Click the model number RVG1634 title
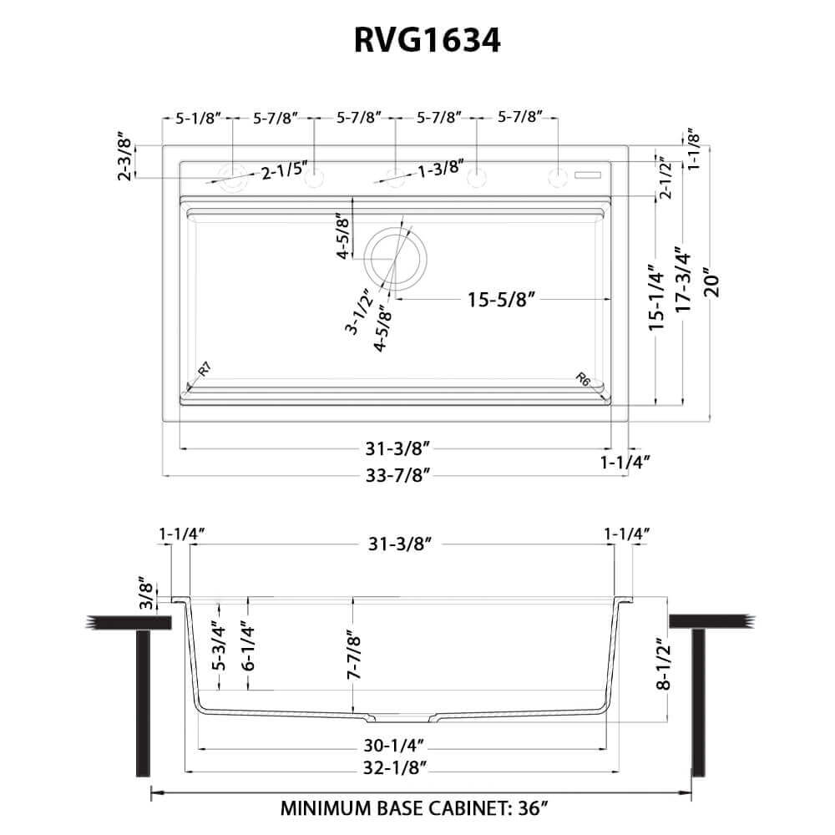coord(417,39)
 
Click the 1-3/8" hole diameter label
coord(440,169)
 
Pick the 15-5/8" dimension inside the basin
coord(500,298)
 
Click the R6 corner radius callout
coord(584,380)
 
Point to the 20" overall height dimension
coord(711,281)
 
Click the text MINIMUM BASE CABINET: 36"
coord(414,808)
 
